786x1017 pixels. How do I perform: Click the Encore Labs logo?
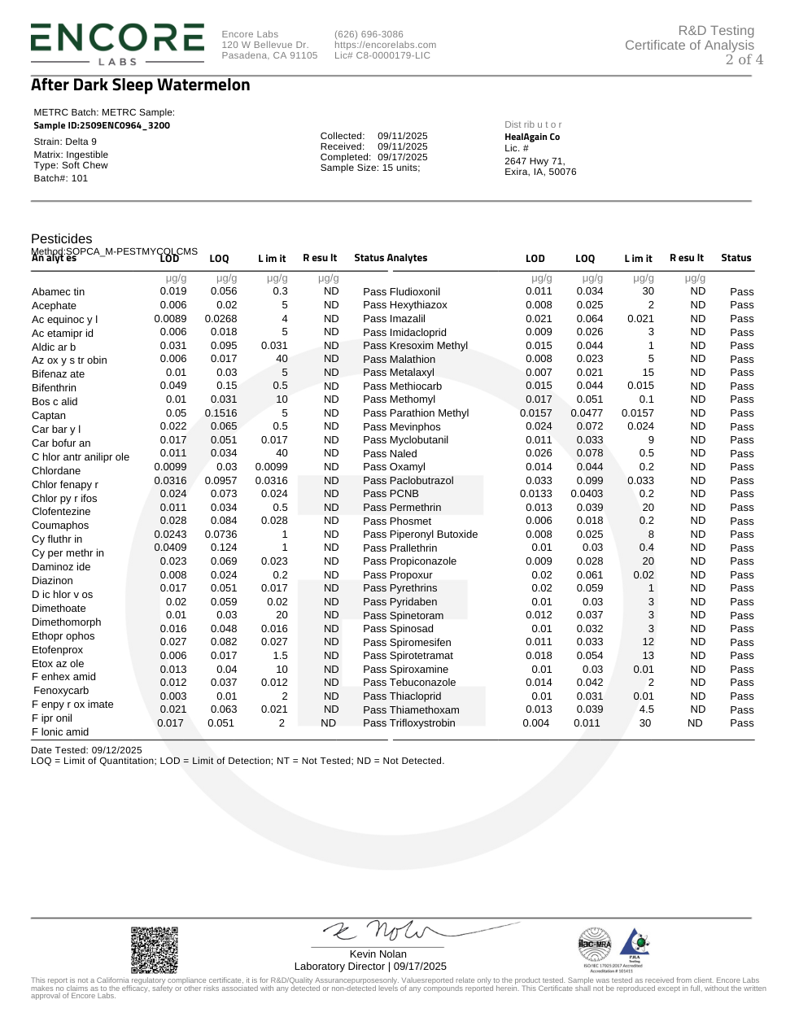click(x=117, y=43)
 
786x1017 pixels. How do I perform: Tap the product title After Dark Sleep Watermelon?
click(x=140, y=85)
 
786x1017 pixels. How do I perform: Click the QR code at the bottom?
click(x=155, y=949)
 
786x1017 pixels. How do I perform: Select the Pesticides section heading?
click(x=62, y=238)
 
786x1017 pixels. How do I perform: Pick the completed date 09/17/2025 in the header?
click(x=402, y=157)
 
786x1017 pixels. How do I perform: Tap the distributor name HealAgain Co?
click(x=532, y=137)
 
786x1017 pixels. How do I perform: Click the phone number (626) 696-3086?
click(x=369, y=34)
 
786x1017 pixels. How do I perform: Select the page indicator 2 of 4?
click(x=744, y=59)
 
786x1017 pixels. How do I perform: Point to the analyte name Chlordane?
click(x=56, y=471)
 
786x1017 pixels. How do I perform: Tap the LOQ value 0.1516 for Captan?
click(x=221, y=413)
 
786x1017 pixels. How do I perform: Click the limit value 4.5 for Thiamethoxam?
click(x=647, y=709)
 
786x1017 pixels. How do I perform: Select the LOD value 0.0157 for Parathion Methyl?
click(x=535, y=413)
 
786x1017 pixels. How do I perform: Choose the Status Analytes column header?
click(x=391, y=258)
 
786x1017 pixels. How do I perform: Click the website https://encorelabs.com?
click(x=385, y=45)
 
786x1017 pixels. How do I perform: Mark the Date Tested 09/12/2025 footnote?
click(x=86, y=750)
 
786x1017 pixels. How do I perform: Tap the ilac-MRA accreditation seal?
click(x=594, y=945)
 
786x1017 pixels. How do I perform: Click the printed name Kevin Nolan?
click(x=378, y=954)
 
